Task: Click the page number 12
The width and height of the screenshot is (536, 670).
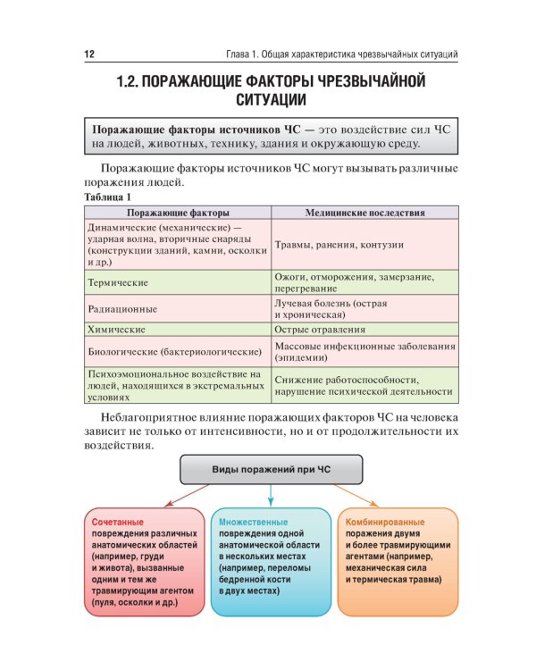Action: tap(88, 54)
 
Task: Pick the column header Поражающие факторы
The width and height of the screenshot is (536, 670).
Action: tap(178, 213)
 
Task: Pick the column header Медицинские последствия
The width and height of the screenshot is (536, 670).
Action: tap(364, 213)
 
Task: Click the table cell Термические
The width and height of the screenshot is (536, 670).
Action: tap(117, 282)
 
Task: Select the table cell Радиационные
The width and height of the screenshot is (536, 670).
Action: tap(122, 308)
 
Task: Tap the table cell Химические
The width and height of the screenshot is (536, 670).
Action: tap(116, 330)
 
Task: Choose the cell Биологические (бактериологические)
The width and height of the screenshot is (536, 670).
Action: tap(174, 351)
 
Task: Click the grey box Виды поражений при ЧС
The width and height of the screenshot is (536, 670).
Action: tap(272, 469)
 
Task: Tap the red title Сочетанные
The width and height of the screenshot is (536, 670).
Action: tap(118, 522)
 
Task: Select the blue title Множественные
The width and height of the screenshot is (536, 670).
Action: tap(254, 522)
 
